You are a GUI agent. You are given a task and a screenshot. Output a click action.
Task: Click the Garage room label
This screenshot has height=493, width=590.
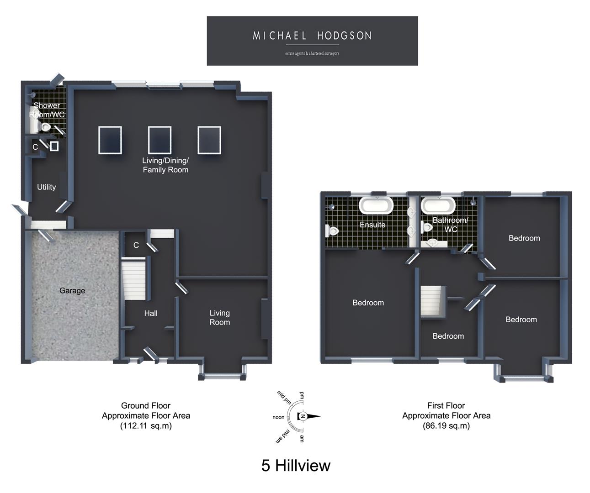[x=72, y=291]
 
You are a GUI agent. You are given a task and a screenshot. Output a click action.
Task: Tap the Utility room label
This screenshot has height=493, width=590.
[x=46, y=187]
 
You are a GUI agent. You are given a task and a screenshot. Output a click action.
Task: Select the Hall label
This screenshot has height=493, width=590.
[x=151, y=313]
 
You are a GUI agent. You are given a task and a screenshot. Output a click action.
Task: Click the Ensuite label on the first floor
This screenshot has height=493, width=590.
[x=372, y=225]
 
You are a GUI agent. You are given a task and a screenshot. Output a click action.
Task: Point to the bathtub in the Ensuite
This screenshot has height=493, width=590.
[x=376, y=205]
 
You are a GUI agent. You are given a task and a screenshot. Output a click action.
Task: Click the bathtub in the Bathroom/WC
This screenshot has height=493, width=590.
[x=438, y=205]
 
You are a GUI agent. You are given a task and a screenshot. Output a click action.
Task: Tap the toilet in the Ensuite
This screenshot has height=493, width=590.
[x=332, y=231]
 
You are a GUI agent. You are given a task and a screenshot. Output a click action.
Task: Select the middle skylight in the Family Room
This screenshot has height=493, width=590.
[x=159, y=140]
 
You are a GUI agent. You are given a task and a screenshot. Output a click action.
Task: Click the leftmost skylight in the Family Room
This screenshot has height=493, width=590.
[x=110, y=140]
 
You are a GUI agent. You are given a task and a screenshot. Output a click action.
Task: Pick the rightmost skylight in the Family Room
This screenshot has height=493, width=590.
[x=209, y=140]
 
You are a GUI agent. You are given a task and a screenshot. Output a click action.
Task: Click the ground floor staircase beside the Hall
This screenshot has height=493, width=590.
[x=133, y=279]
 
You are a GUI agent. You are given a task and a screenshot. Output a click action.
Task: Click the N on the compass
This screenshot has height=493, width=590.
[x=303, y=416]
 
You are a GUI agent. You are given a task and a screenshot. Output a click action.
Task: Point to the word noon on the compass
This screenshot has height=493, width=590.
[x=278, y=417]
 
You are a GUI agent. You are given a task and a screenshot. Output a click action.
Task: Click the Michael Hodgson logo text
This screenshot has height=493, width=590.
[x=312, y=36]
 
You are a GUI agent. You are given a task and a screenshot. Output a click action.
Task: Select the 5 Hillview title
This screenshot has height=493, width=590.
[x=296, y=465]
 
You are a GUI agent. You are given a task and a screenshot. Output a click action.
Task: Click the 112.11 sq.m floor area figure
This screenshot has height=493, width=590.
[x=146, y=425]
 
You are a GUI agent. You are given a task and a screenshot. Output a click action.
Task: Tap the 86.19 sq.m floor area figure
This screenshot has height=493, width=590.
[x=446, y=425]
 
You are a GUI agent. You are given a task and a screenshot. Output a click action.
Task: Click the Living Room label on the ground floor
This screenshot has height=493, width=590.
[x=219, y=317]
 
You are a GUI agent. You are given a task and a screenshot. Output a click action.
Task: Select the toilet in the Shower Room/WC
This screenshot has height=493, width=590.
[x=46, y=127]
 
